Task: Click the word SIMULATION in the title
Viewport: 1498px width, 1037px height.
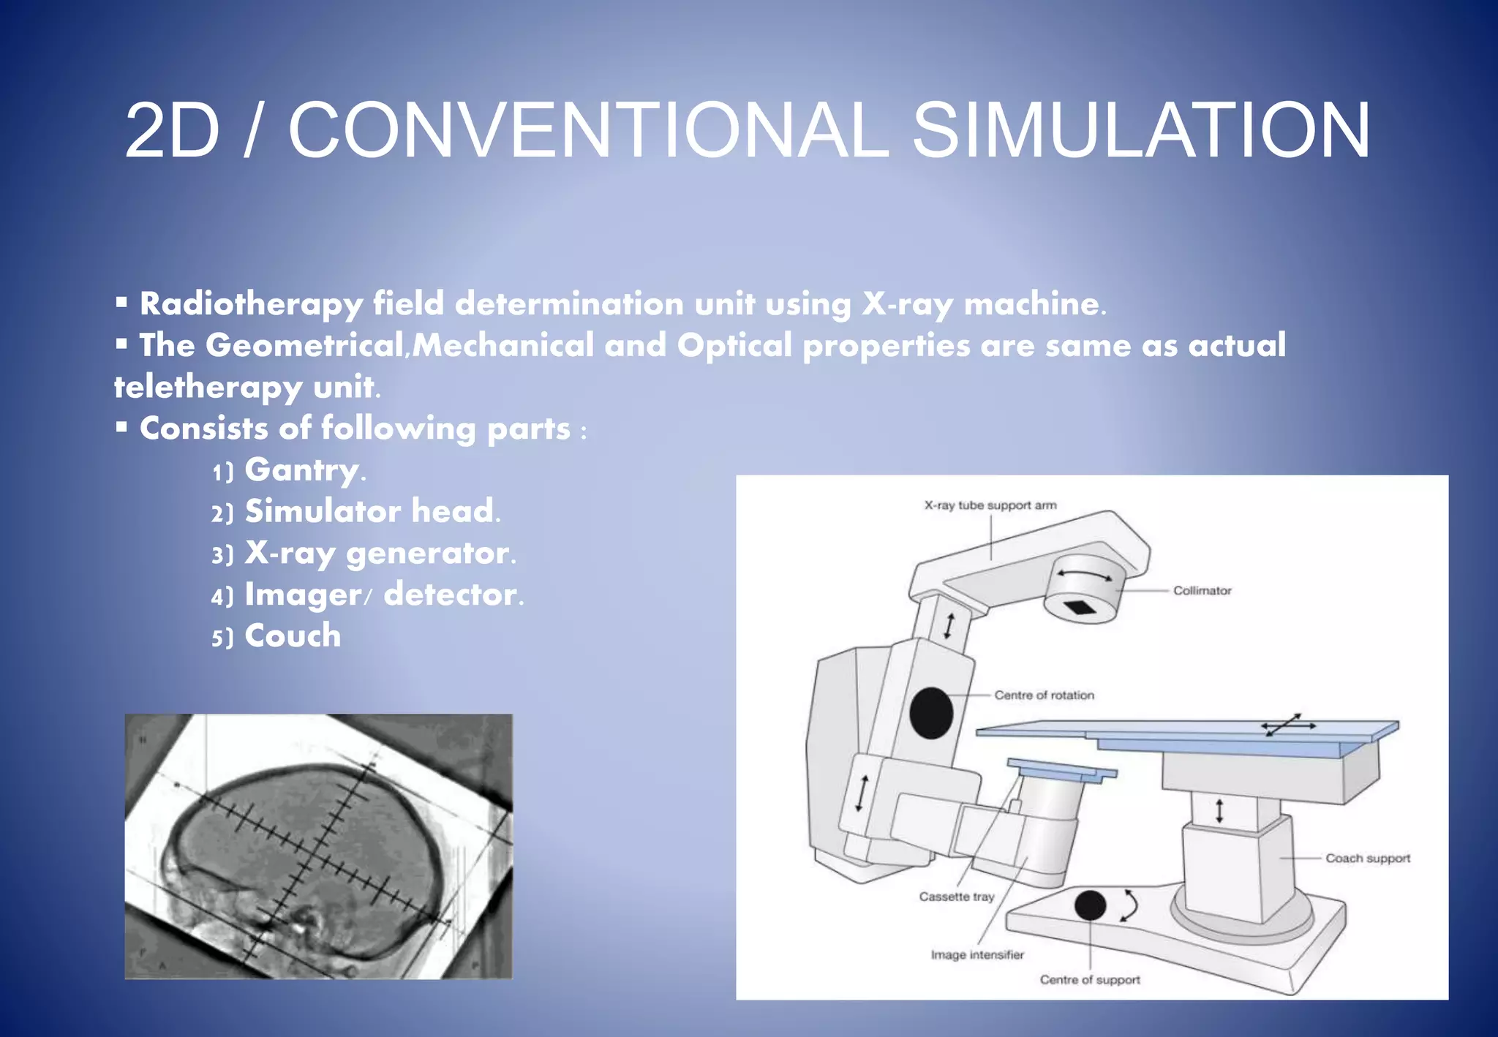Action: coord(1141,130)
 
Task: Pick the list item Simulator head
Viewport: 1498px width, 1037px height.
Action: coord(372,511)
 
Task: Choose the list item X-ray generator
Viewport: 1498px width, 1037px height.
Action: coord(379,554)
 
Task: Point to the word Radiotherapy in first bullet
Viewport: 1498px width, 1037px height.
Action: coord(251,304)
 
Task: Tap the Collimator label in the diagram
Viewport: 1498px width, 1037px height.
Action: coord(1202,590)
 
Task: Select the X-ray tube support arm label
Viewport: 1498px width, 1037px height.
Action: coord(990,505)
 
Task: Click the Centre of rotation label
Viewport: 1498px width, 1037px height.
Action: coord(1044,695)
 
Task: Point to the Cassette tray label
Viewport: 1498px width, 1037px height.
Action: coord(957,897)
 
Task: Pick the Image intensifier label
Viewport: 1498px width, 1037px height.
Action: coord(977,955)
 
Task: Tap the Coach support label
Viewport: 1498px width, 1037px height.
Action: coord(1368,859)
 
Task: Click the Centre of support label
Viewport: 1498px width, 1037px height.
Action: coord(1090,980)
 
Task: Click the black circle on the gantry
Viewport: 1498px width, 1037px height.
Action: coord(930,713)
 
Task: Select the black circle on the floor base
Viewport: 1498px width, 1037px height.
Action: coord(1090,905)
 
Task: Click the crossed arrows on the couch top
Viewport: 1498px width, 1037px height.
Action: coord(1288,725)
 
